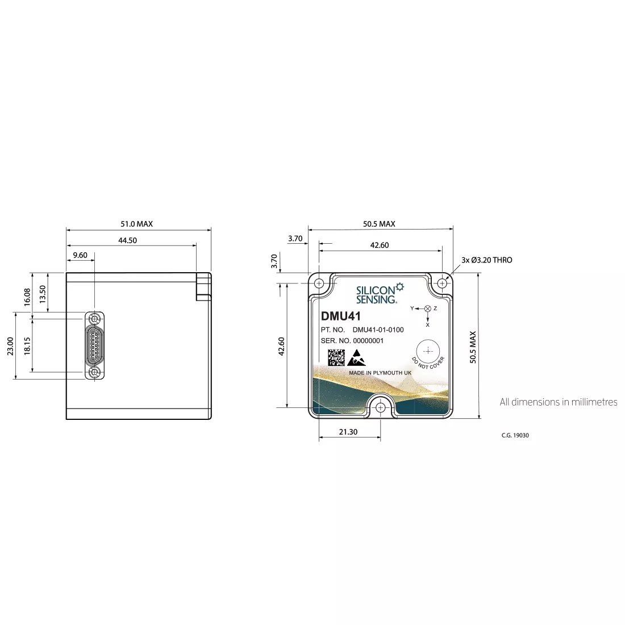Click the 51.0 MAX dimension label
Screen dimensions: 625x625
[137, 224]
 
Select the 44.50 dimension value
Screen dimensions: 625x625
[127, 240]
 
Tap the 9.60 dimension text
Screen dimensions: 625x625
[80, 255]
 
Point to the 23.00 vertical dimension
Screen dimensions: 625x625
[10, 346]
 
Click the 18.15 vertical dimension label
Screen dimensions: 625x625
[27, 346]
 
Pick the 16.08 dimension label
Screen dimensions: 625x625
[27, 297]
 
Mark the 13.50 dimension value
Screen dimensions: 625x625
[43, 294]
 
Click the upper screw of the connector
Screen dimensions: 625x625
[94, 319]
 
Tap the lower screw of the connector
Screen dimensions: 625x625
[94, 372]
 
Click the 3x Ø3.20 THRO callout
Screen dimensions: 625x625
[487, 260]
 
